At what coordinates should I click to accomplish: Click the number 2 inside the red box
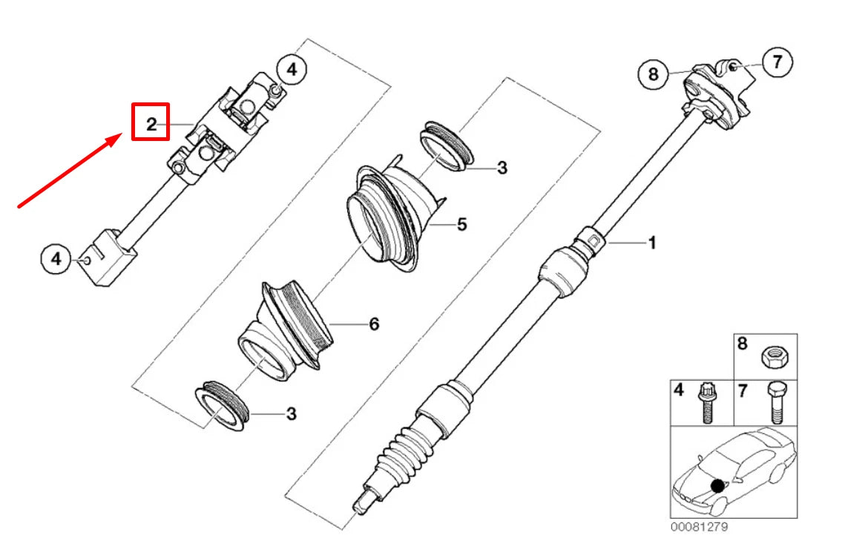[x=151, y=124]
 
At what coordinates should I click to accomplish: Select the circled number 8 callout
[x=654, y=73]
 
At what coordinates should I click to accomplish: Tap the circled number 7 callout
[x=777, y=62]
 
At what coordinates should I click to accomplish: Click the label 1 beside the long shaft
[x=652, y=243]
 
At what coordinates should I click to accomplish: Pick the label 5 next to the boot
[x=461, y=223]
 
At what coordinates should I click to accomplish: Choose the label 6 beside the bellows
[x=373, y=324]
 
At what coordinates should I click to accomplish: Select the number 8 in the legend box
[x=743, y=344]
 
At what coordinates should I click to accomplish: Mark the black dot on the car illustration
[x=717, y=485]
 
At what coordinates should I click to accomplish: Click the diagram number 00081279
[x=699, y=527]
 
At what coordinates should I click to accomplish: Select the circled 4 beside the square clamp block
[x=56, y=259]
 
